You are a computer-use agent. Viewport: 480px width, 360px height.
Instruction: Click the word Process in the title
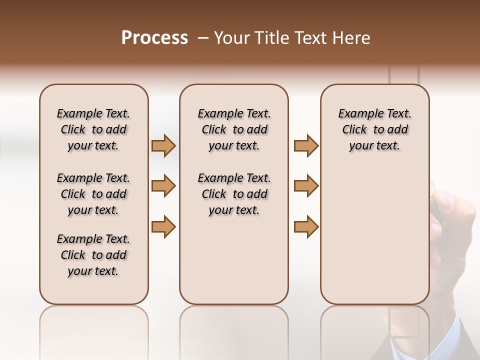[x=154, y=38]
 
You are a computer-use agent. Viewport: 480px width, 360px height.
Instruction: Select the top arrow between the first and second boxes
[x=163, y=145]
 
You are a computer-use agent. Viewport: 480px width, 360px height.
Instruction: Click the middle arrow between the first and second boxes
[x=163, y=186]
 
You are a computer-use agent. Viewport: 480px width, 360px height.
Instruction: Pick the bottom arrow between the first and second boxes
[x=163, y=226]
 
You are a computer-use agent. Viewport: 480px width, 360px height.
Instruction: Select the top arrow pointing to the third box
[x=306, y=145]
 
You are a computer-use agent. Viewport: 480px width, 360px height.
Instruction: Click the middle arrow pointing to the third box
[x=306, y=186]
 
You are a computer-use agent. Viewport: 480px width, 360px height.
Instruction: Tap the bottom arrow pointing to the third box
[x=306, y=226]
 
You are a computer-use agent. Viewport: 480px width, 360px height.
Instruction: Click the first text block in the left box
[x=93, y=129]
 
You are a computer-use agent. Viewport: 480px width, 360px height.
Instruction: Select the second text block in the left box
[x=93, y=194]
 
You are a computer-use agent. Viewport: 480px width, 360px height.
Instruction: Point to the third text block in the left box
[x=93, y=255]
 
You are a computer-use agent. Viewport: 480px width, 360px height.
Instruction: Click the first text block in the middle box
[x=234, y=129]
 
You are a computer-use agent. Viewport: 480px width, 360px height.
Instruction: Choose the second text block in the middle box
[x=234, y=194]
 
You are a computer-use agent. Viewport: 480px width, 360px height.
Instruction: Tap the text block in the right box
[x=375, y=129]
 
